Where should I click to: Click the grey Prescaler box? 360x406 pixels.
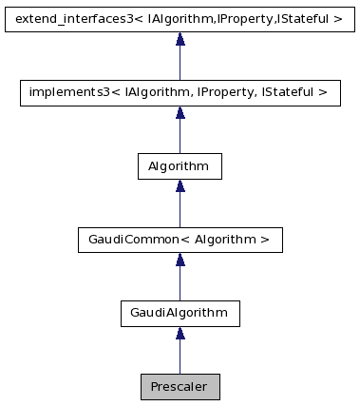tap(180, 387)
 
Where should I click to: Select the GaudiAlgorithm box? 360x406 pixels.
tap(180, 313)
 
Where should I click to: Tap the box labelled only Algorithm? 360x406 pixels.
tap(180, 165)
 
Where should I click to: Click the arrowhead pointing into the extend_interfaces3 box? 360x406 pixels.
tap(180, 40)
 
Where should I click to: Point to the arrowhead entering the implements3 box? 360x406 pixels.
tap(180, 113)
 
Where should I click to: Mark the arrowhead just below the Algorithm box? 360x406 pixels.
tap(180, 187)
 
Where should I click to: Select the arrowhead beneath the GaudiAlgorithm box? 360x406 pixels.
tap(180, 335)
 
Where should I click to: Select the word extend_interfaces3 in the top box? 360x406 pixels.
tap(64, 18)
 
